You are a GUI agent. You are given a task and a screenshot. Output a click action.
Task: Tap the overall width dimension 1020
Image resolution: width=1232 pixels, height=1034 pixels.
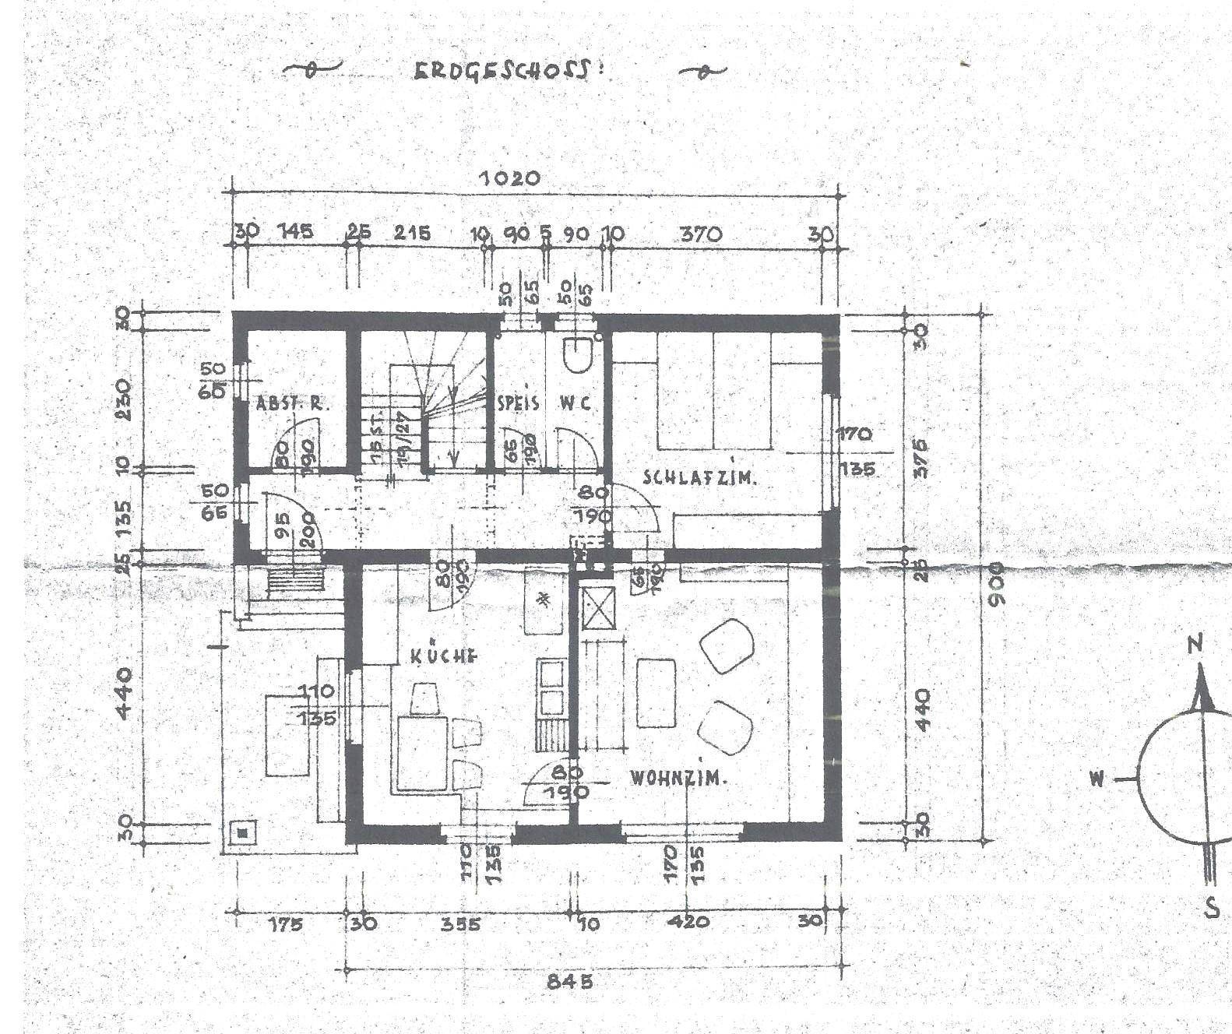(x=509, y=178)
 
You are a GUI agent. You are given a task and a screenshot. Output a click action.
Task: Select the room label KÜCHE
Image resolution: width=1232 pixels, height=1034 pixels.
(x=443, y=656)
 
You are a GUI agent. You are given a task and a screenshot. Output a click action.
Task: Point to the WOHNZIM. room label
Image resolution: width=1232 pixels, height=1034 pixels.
(x=678, y=777)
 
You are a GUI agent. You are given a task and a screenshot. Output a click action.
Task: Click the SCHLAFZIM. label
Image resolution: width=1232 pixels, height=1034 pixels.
(x=699, y=478)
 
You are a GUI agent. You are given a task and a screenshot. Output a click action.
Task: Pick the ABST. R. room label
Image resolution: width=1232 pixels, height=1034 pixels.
(x=293, y=404)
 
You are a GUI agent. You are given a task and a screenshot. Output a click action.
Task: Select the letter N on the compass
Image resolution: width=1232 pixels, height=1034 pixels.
(x=1196, y=645)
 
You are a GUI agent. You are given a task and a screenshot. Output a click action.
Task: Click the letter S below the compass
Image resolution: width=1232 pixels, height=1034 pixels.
(x=1211, y=908)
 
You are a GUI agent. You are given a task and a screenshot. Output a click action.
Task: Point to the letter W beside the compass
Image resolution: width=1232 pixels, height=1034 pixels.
(x=1097, y=778)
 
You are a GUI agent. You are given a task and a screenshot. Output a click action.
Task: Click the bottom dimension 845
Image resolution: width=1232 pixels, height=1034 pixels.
(x=569, y=981)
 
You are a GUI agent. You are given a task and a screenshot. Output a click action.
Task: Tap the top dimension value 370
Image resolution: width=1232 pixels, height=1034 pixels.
(x=701, y=234)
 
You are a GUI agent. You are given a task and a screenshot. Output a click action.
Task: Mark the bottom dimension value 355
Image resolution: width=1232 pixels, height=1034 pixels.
(x=460, y=924)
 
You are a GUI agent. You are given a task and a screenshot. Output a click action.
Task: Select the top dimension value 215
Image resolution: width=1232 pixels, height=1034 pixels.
(x=411, y=233)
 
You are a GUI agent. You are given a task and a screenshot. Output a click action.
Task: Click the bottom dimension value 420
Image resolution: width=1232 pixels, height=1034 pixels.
(x=688, y=922)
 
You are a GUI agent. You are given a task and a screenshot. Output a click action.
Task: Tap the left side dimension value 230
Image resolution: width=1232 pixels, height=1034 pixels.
(x=125, y=399)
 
